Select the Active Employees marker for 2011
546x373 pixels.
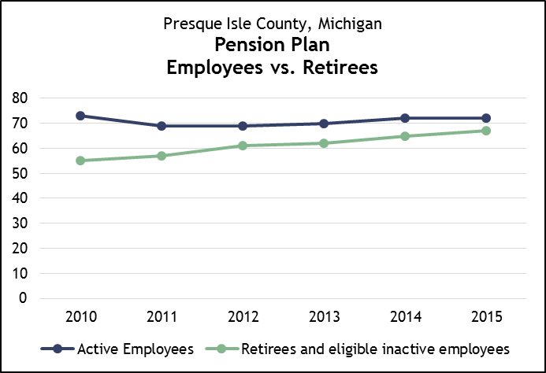(x=162, y=126)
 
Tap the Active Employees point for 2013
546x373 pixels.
(x=324, y=124)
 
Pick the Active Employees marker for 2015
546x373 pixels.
(x=486, y=118)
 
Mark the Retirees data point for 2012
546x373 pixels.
(x=243, y=146)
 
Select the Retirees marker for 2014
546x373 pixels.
(x=405, y=136)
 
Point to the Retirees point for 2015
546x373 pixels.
(x=486, y=131)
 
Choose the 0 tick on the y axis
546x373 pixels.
(x=24, y=298)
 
